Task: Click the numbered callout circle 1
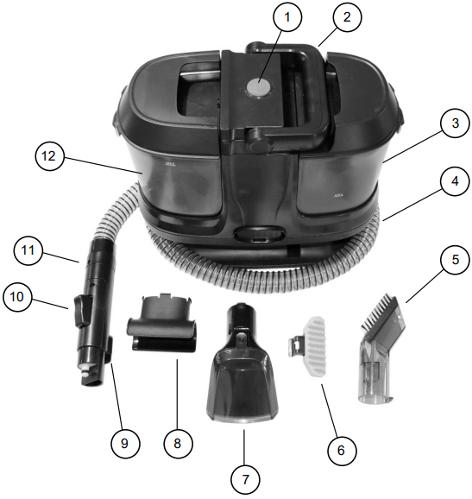tap(287, 17)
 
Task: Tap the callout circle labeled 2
tap(348, 17)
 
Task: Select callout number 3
tap(456, 123)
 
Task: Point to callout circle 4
tap(455, 181)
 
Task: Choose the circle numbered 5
tap(456, 260)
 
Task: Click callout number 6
tap(342, 451)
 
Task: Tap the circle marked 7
tap(245, 480)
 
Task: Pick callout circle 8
tap(178, 443)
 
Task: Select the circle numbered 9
tap(125, 443)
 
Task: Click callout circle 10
tap(17, 297)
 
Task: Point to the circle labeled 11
tap(28, 250)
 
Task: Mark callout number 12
tap(49, 156)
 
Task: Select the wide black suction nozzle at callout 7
tap(242, 363)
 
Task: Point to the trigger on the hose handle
tap(82, 310)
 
